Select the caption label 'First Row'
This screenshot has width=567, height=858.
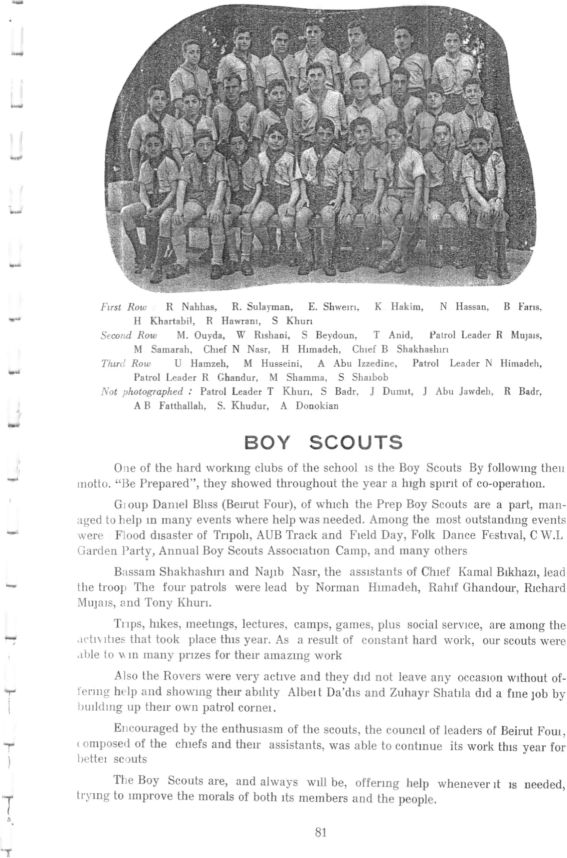click(124, 307)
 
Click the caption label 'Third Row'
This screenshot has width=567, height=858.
click(125, 363)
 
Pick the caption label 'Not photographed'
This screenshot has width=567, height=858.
click(142, 392)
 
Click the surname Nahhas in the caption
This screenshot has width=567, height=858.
click(199, 307)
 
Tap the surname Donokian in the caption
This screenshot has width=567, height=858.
click(317, 405)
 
